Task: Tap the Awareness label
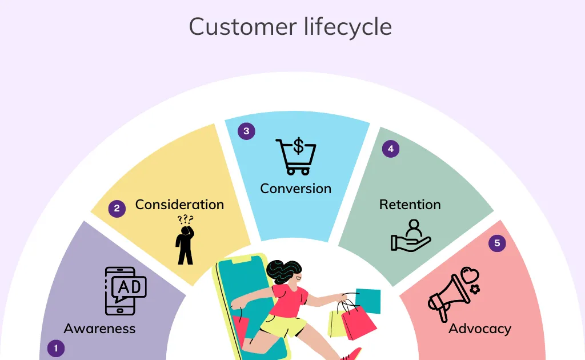point(99,329)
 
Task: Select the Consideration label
point(179,204)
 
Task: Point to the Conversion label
point(295,188)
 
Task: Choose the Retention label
point(410,204)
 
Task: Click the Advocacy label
point(479,329)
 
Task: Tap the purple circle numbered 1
point(55,348)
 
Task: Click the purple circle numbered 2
point(117,209)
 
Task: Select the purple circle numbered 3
point(246,131)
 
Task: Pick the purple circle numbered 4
point(391,149)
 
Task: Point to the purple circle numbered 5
point(497,243)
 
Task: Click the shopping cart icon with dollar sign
point(295,156)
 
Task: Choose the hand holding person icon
point(410,235)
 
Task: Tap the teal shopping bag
point(368,301)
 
